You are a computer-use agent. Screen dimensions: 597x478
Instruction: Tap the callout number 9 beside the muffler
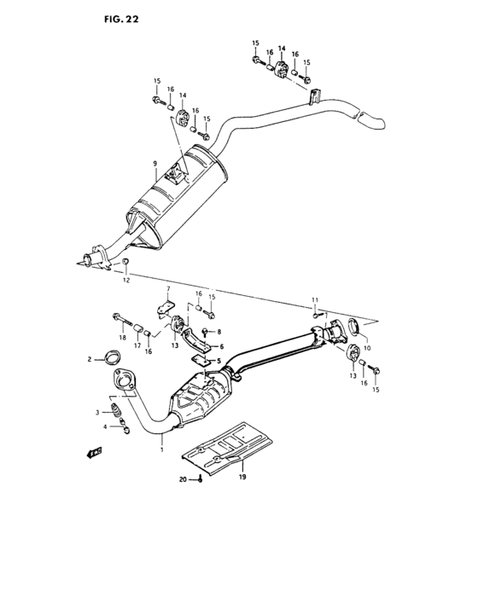(x=154, y=164)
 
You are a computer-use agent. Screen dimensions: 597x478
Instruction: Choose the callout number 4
(x=220, y=346)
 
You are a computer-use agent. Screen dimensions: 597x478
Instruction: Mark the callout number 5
(x=169, y=289)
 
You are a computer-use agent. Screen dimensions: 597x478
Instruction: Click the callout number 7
(x=368, y=350)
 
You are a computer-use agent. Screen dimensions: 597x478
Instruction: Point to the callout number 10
(x=314, y=300)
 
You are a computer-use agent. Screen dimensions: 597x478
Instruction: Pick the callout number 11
(x=125, y=280)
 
